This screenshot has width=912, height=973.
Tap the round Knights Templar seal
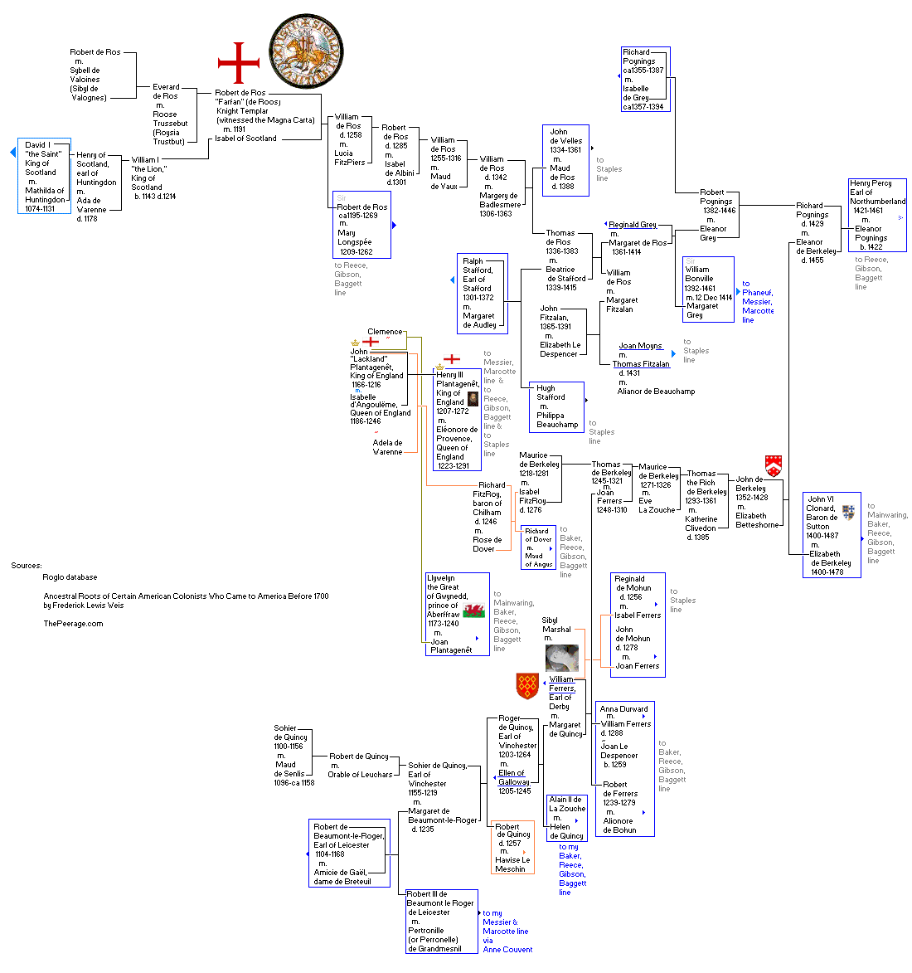[306, 51]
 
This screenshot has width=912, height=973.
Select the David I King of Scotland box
[44, 176]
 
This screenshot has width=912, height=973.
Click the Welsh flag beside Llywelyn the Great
[473, 611]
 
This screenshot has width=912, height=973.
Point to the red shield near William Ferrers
[527, 686]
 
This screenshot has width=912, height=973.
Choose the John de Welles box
[565, 160]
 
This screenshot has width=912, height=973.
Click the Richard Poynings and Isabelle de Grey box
[645, 80]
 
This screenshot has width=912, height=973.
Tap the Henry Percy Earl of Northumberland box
[877, 215]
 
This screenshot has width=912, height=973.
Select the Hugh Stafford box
[556, 406]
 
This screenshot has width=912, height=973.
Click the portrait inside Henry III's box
[473, 398]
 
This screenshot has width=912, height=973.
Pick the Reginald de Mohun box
[638, 625]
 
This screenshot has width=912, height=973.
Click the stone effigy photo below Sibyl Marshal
[561, 658]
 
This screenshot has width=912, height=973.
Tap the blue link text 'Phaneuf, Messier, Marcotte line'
[757, 302]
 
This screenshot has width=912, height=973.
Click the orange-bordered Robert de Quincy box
[512, 847]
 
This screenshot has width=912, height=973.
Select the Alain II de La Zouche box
[566, 818]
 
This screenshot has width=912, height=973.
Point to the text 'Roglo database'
[70, 577]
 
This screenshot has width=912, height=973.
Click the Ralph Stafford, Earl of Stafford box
[482, 294]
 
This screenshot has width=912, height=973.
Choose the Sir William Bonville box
[708, 289]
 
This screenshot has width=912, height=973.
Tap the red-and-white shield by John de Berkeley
[774, 465]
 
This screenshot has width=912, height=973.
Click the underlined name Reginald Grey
[633, 225]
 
